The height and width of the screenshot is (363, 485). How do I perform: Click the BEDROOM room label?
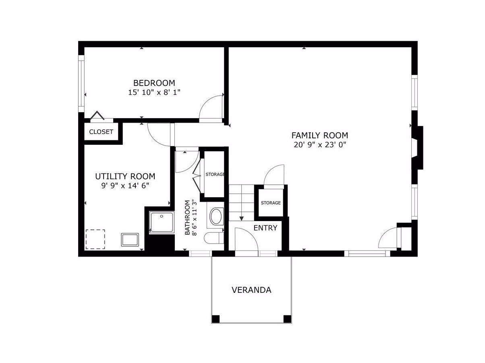click(154, 83)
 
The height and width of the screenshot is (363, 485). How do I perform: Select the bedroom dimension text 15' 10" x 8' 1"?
click(154, 92)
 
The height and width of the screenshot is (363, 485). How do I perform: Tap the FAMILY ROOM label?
click(319, 135)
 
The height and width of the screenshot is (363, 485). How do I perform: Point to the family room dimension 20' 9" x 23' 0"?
click(320, 145)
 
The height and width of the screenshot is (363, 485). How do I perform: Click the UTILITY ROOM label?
click(125, 176)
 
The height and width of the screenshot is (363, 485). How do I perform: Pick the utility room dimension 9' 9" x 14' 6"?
click(125, 186)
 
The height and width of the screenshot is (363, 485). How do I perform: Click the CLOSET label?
click(101, 132)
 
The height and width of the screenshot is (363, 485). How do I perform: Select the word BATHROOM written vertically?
click(187, 217)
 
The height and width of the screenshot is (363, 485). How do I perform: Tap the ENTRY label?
click(265, 228)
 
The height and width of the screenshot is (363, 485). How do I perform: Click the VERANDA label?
click(251, 290)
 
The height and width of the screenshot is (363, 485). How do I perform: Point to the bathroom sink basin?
click(216, 217)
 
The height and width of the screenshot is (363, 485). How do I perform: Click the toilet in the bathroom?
click(213, 238)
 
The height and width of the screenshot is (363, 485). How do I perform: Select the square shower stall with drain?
click(162, 222)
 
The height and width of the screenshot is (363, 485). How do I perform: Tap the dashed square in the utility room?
click(95, 239)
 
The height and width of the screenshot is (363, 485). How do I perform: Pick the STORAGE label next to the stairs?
click(271, 203)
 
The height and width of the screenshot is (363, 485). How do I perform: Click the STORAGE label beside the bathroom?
click(215, 174)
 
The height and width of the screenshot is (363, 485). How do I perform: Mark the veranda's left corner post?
click(216, 319)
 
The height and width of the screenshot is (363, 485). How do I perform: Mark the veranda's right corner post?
click(287, 319)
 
